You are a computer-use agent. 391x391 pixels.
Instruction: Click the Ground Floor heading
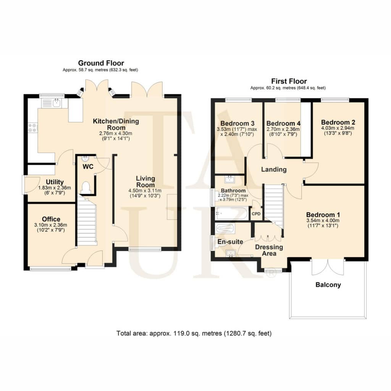[x=101, y=63]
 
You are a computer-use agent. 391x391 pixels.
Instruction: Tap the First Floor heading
[x=289, y=81]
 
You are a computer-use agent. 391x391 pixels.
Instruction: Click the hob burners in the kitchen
[x=32, y=128]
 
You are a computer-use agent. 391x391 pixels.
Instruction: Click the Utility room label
[x=55, y=182]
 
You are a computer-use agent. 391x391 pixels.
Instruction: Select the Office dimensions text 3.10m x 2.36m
[x=51, y=225]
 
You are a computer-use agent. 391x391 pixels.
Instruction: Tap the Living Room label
[x=145, y=182]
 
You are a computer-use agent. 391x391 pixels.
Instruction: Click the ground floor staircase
[x=87, y=220]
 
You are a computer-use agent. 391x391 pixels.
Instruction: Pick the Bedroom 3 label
[x=238, y=123]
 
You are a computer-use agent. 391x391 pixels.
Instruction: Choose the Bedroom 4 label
[x=283, y=123]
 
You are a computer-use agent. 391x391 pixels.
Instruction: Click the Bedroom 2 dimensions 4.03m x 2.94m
[x=338, y=128]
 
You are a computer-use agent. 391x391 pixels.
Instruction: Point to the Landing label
[x=274, y=170]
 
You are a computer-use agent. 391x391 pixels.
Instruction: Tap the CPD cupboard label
[x=256, y=214]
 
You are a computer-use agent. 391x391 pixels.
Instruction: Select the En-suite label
[x=230, y=242]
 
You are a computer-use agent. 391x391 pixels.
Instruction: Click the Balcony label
[x=328, y=285]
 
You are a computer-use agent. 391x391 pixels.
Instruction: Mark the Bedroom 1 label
[x=323, y=215]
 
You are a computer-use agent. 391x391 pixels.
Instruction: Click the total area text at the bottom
[x=194, y=333]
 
